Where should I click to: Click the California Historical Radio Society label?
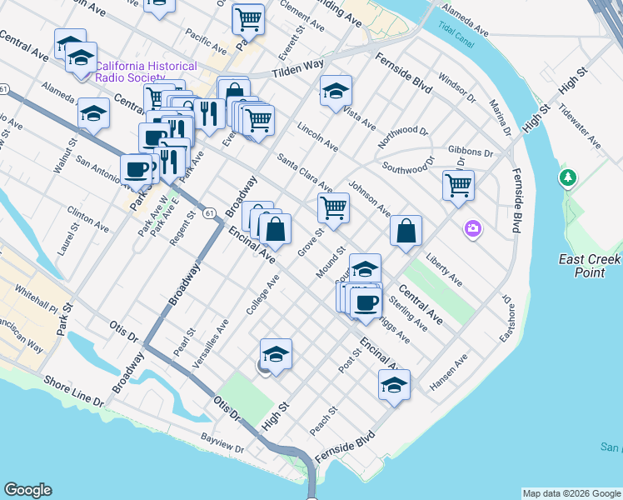click(146, 72)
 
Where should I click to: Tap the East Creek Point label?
click(590, 267)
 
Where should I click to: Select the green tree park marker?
click(569, 177)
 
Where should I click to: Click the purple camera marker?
click(473, 227)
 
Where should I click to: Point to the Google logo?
click(27, 490)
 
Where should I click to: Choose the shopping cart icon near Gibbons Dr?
click(458, 184)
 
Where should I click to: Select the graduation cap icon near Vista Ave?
click(336, 90)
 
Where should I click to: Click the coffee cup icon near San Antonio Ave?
click(137, 168)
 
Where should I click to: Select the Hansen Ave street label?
click(449, 372)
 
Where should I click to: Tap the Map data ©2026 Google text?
click(571, 493)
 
